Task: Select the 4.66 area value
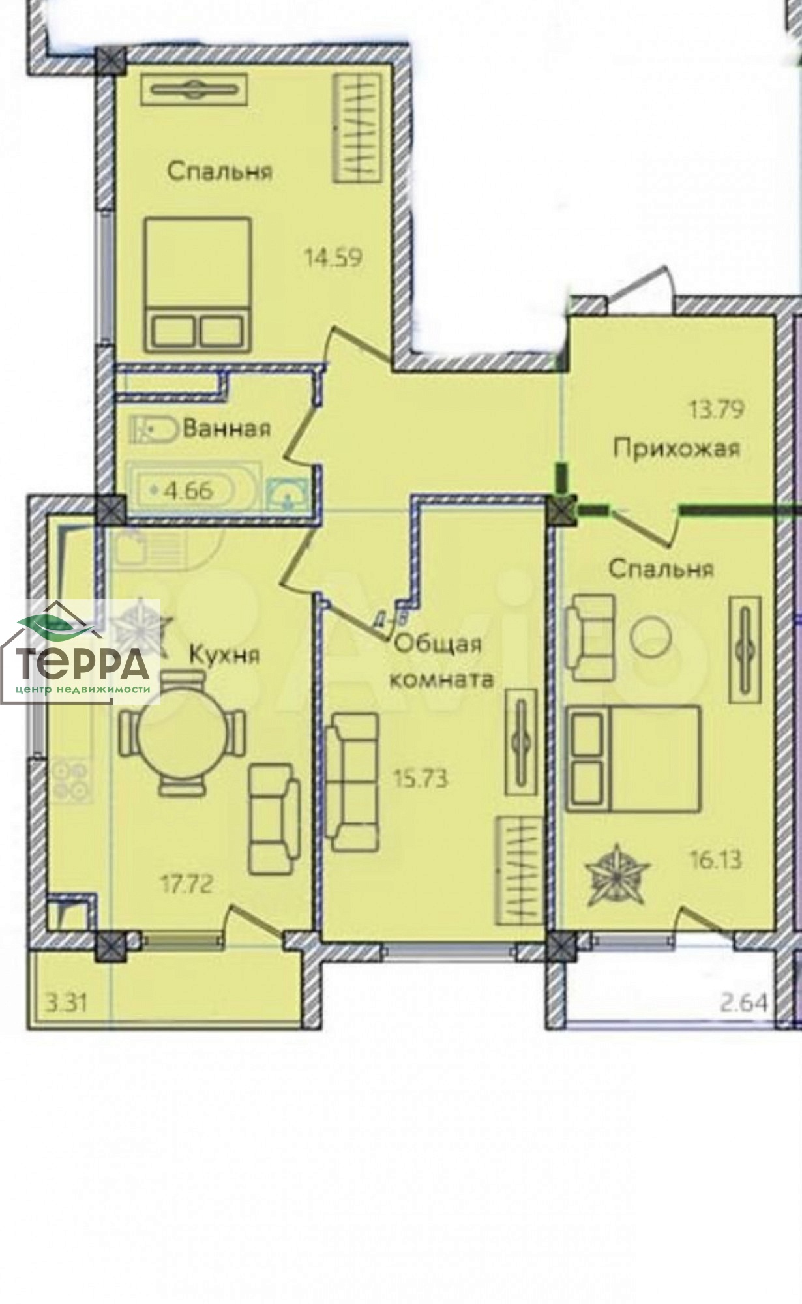188,490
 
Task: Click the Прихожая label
677,449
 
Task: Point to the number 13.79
717,410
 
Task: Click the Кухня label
224,654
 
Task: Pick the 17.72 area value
187,885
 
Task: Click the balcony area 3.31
67,1001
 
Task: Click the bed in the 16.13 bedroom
633,758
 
